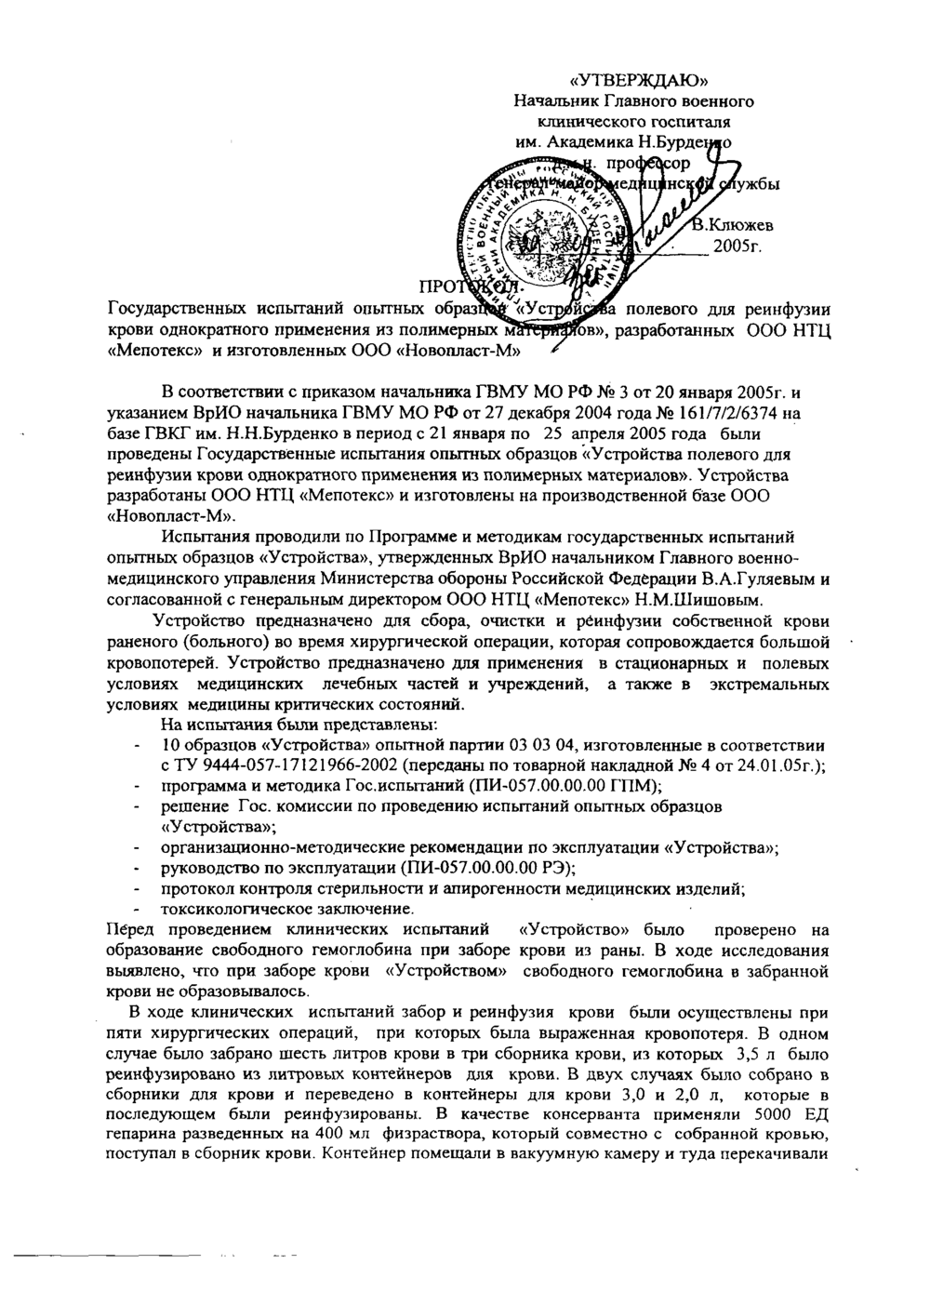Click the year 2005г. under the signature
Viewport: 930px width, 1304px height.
[737, 247]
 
